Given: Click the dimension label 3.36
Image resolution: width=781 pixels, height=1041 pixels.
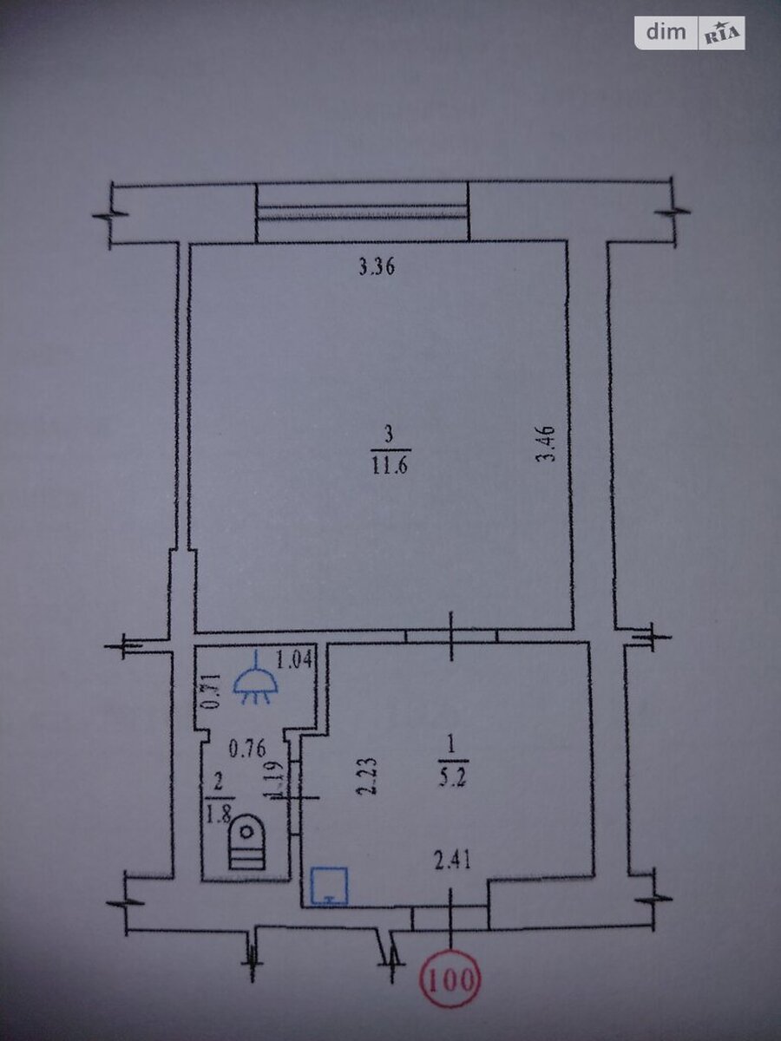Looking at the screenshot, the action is [377, 267].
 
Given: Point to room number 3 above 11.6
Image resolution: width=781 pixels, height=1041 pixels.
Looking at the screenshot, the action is [390, 434].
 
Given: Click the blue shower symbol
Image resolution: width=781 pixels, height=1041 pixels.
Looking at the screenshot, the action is [256, 678].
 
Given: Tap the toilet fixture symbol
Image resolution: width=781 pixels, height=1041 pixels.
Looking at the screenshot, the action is [246, 841].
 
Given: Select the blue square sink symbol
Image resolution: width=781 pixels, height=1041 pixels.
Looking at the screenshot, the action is [329, 886].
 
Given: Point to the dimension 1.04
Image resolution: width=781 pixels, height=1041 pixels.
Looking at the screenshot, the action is [294, 659].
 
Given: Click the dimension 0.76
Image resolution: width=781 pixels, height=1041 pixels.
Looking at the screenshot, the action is [247, 750].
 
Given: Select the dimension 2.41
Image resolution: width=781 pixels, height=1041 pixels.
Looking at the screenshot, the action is [453, 861].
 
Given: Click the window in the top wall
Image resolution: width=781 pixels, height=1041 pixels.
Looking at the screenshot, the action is [362, 212].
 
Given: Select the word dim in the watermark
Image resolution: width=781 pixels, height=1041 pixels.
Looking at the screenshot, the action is [666, 32].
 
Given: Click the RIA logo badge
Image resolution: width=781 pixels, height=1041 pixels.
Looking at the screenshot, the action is [722, 33].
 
